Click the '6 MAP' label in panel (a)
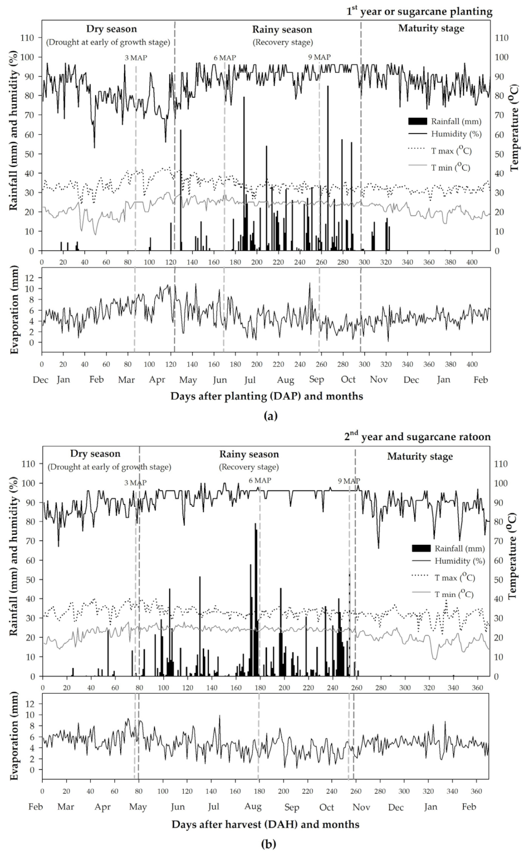(x=225, y=58)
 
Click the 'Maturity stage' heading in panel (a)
(x=431, y=28)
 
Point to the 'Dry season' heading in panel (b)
(x=95, y=454)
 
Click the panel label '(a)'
(x=271, y=416)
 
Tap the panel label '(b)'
(x=268, y=844)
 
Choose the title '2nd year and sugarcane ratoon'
(x=417, y=437)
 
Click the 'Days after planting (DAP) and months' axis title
(x=267, y=396)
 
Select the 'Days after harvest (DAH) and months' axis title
(x=265, y=824)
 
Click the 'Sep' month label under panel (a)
(x=317, y=379)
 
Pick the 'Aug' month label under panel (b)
(x=253, y=806)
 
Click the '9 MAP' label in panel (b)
(x=349, y=481)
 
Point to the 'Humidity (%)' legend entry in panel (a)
(x=456, y=134)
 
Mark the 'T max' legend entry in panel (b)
(x=454, y=578)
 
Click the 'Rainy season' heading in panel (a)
(x=282, y=30)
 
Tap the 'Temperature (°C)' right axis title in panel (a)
(x=514, y=127)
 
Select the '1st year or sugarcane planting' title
(x=419, y=11)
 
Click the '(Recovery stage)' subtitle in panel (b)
(x=248, y=467)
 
